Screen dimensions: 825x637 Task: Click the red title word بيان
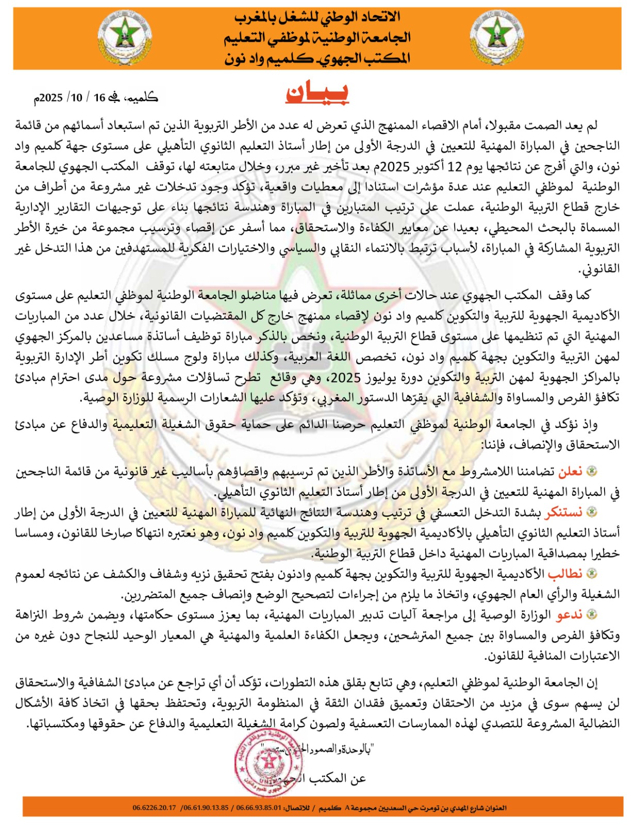point(317,93)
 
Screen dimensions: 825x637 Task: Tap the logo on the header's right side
point(497,37)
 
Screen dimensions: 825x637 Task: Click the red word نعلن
point(570,471)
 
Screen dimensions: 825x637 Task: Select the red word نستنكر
point(564,512)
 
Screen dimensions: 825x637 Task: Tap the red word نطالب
point(565,573)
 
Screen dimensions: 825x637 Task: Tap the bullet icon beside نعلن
point(592,471)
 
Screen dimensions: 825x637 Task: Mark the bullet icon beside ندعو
point(592,614)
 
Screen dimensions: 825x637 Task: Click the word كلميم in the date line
point(143,97)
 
